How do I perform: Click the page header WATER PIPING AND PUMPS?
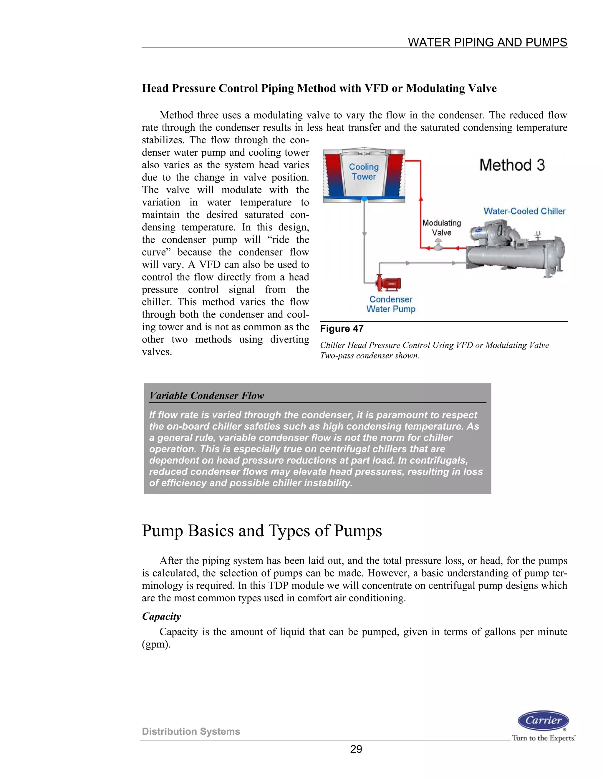[487, 42]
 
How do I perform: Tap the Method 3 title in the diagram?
[512, 165]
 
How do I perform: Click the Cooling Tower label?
[364, 172]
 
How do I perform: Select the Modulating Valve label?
[442, 228]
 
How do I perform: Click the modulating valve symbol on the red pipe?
[438, 246]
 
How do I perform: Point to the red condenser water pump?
[388, 283]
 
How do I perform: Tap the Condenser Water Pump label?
[391, 304]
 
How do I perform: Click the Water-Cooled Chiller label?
[524, 211]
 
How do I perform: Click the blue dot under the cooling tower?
[364, 199]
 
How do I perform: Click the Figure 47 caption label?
[342, 328]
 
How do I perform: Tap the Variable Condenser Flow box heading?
[206, 396]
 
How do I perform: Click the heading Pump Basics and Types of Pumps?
[261, 531]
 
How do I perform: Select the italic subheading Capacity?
[161, 616]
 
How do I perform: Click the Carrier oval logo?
[543, 720]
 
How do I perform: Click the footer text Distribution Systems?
[191, 731]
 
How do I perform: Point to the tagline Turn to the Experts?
[543, 738]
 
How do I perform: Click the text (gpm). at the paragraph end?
[156, 644]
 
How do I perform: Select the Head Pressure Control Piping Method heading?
[319, 88]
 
